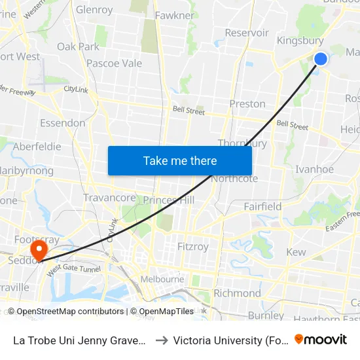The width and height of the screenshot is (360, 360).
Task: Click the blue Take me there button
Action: click(180, 160)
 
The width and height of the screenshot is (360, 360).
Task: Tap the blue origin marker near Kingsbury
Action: click(321, 59)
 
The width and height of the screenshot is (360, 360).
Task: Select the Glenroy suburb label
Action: click(94, 10)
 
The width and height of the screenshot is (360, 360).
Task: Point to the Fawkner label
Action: click(175, 15)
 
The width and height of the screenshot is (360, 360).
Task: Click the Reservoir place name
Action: click(247, 33)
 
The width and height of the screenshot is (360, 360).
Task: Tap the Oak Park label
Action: click(79, 46)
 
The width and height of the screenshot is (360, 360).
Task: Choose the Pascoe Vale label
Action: click(115, 63)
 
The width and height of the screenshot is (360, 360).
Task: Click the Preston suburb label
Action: click(247, 103)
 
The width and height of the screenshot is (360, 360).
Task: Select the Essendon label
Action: click(63, 122)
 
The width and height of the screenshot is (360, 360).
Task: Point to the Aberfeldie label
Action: click(37, 147)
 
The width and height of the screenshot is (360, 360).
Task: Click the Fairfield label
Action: click(262, 206)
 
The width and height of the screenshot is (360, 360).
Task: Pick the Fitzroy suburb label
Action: click(193, 247)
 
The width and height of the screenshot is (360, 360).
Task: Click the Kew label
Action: click(296, 252)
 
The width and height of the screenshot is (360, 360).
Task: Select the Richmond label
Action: click(237, 293)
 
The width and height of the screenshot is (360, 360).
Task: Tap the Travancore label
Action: click(109, 198)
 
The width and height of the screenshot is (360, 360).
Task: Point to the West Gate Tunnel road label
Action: click(73, 268)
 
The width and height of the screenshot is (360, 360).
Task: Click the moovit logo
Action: click(321, 339)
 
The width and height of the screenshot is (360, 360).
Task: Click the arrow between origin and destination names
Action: click(161, 340)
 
